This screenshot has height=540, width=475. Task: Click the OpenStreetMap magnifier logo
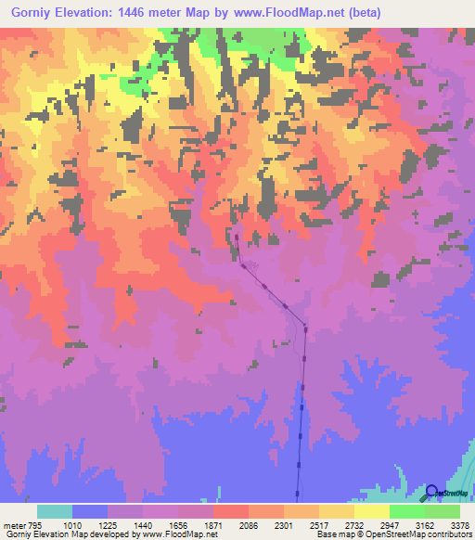pyautogui.click(x=431, y=493)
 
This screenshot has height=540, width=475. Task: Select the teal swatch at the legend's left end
pyautogui.click(x=55, y=510)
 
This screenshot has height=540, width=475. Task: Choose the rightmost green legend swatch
pyautogui.click(x=443, y=510)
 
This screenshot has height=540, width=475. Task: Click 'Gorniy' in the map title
pyautogui.click(x=33, y=13)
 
